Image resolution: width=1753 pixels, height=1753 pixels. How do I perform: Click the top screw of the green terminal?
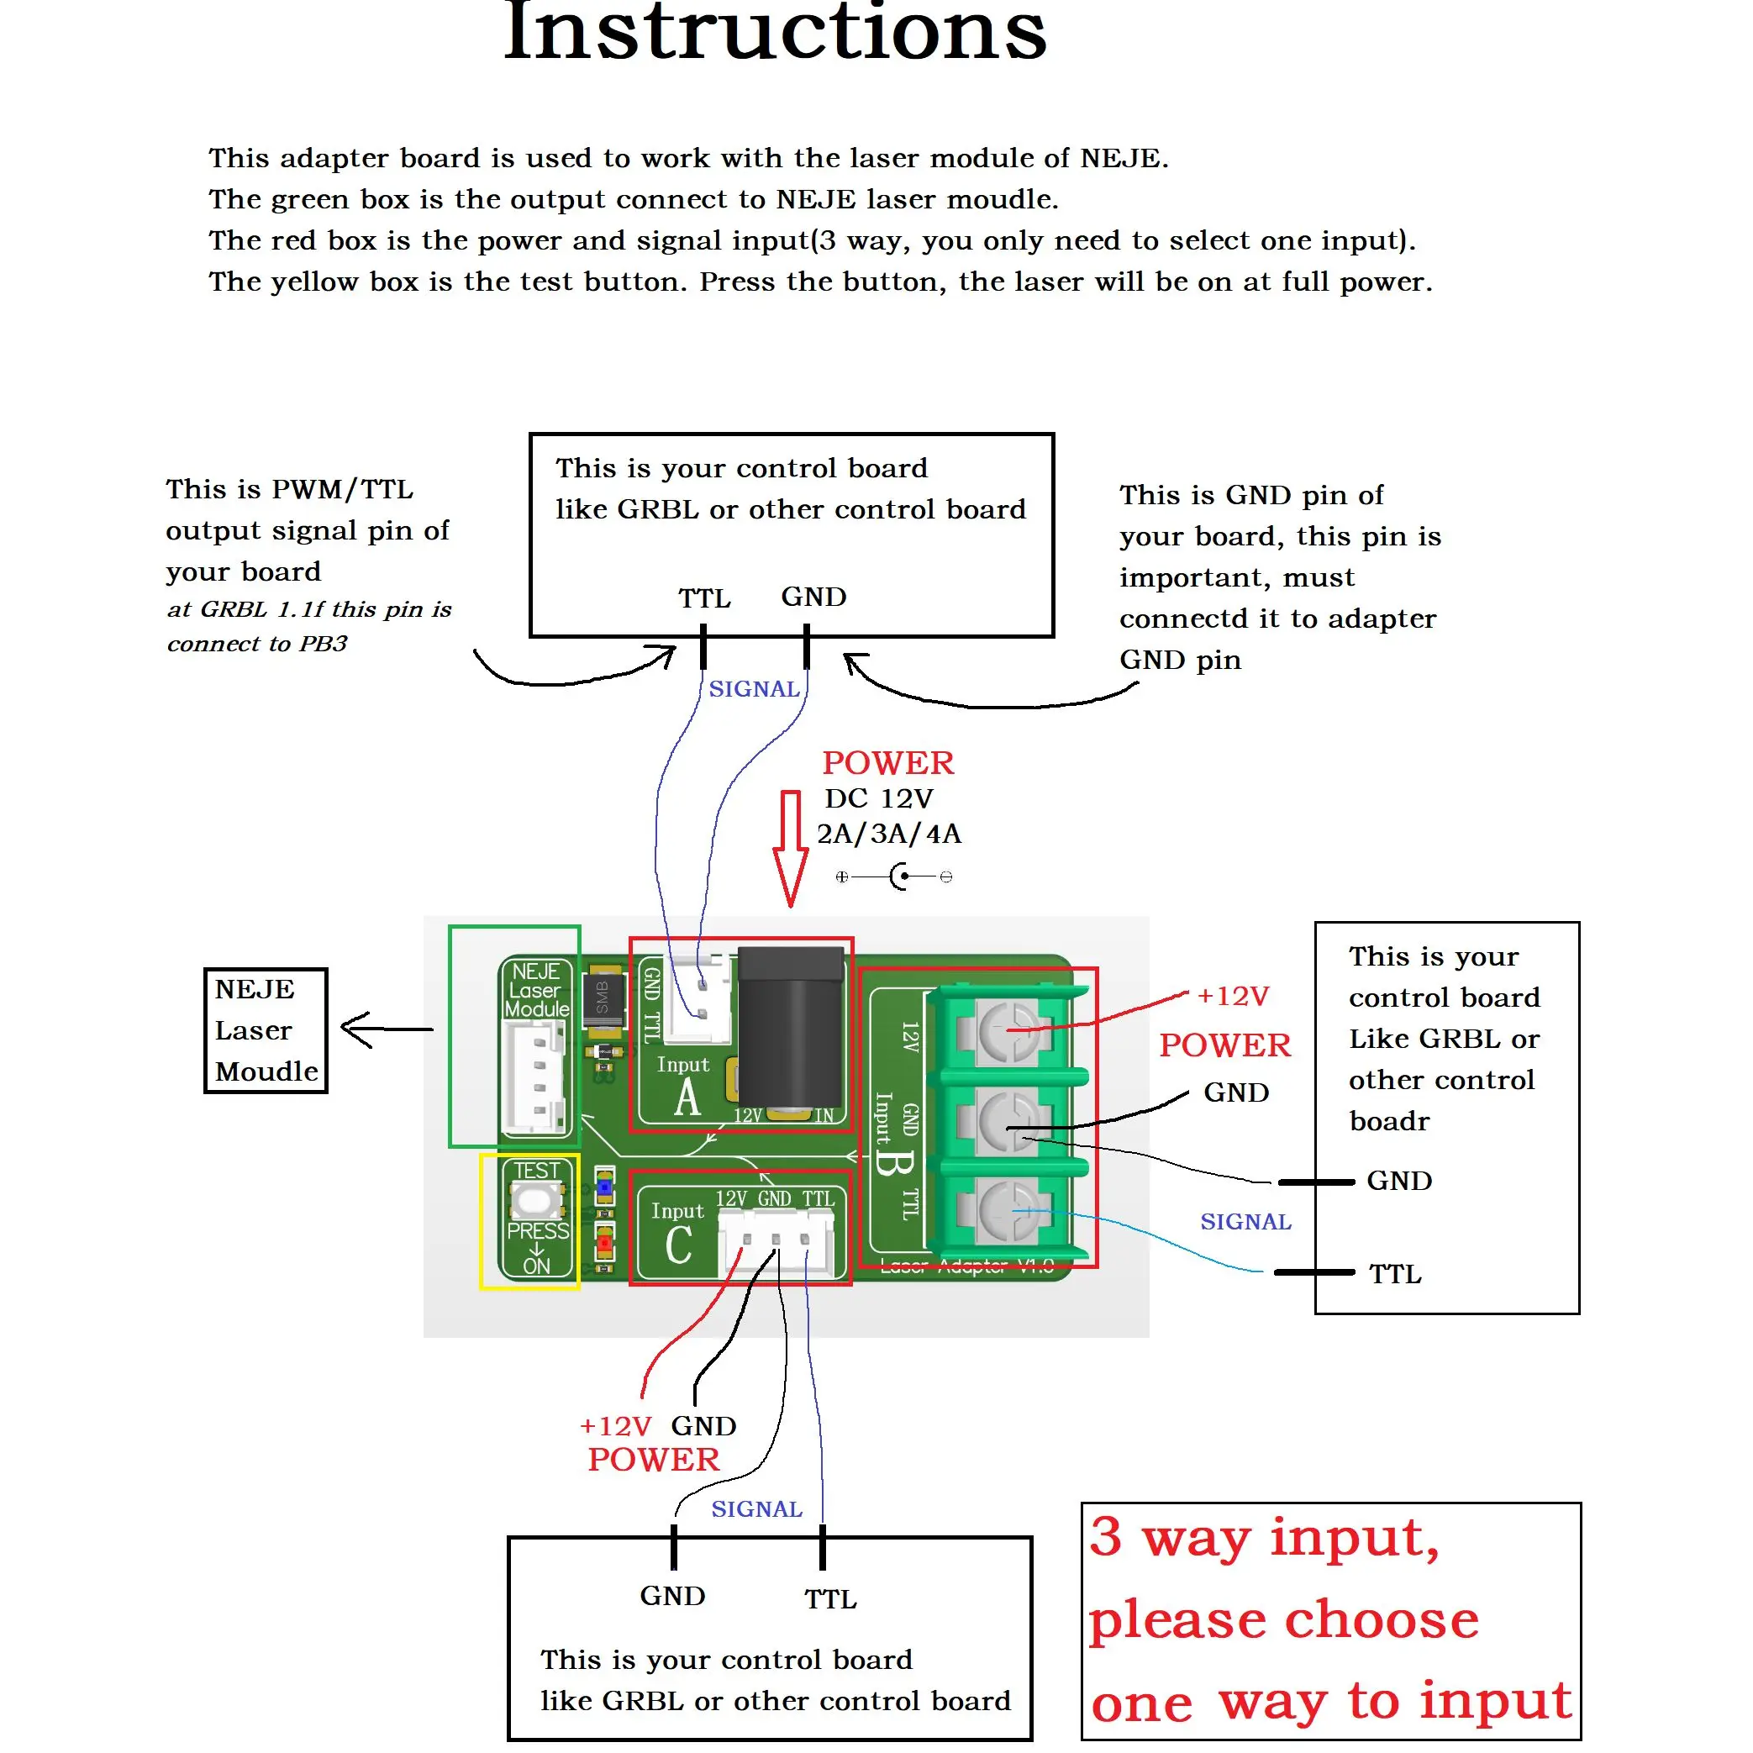(x=1007, y=1032)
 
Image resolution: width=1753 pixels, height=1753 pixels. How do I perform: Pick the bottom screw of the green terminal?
(x=1007, y=1211)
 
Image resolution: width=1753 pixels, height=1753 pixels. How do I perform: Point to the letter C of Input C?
(x=678, y=1245)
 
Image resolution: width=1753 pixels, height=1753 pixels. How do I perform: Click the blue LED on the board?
(x=604, y=1186)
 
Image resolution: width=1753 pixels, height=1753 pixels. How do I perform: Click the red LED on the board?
(x=604, y=1240)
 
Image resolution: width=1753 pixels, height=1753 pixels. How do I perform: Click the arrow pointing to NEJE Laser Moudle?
(x=385, y=1029)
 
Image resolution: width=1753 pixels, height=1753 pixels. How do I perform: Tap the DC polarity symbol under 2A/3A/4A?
(x=895, y=876)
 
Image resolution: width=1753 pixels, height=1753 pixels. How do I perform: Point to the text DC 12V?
(x=878, y=798)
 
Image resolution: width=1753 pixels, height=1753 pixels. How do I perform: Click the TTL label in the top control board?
(x=704, y=599)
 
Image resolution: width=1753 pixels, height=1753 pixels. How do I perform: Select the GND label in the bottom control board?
(x=672, y=1596)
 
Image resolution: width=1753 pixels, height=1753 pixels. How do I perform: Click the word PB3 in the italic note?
(x=323, y=645)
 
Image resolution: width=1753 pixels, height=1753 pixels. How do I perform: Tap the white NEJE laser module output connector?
(x=535, y=1077)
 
